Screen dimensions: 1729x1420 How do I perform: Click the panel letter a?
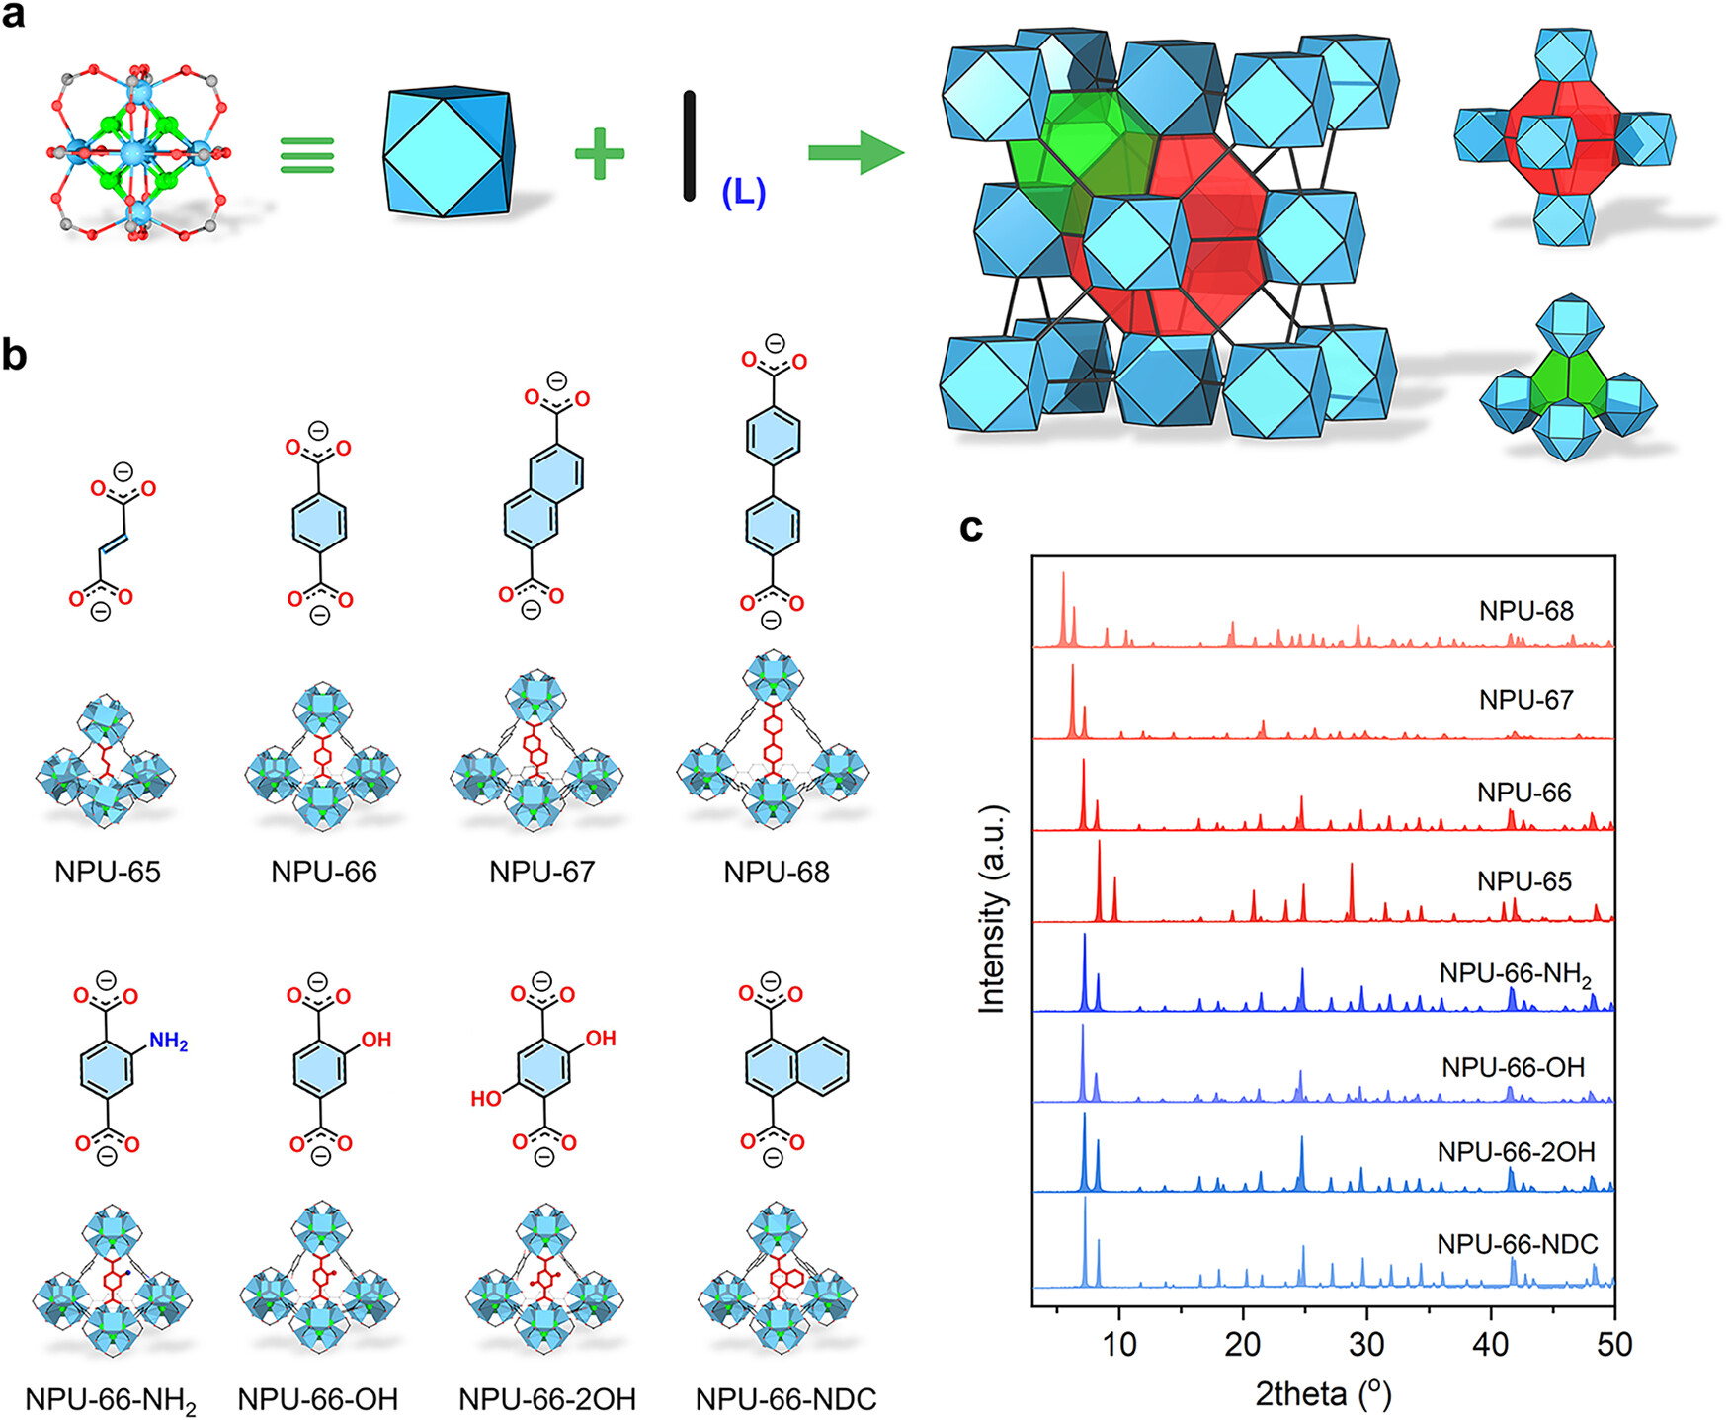(14, 16)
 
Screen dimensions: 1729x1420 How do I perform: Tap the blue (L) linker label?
(743, 192)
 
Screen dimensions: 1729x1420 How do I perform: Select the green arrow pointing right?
(857, 153)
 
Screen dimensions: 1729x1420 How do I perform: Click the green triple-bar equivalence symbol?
(307, 155)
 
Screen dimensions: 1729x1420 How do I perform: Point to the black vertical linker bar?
(689, 146)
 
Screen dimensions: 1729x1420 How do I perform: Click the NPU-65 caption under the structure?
(108, 872)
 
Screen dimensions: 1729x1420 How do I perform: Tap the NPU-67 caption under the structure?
(541, 872)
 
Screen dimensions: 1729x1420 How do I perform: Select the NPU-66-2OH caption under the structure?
(547, 1398)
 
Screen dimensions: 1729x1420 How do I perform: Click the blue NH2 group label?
(168, 1041)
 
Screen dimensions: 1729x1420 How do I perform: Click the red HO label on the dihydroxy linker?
(486, 1098)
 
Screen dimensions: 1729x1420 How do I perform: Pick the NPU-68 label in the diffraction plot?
(1525, 611)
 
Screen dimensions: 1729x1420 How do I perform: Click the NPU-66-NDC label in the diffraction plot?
(1518, 1244)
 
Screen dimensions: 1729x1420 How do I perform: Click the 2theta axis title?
(1323, 1393)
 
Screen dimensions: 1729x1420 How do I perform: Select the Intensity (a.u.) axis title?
(991, 909)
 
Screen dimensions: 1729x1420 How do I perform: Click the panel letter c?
(971, 528)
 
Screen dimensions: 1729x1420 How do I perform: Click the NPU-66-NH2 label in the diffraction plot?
(1516, 974)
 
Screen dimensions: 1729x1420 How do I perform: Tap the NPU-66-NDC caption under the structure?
(786, 1398)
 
